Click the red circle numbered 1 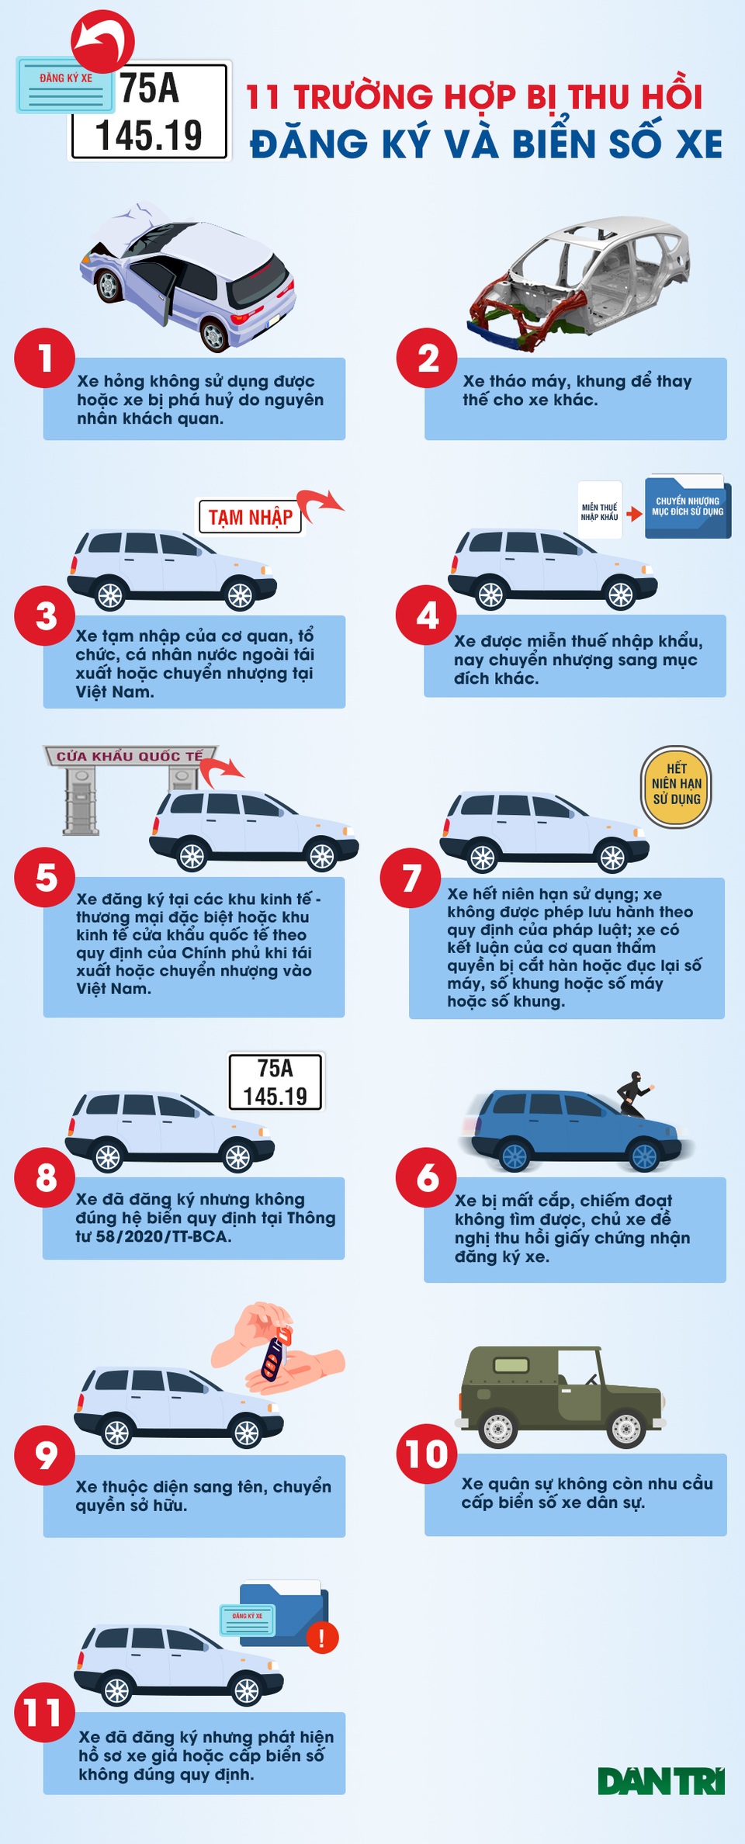pos(45,358)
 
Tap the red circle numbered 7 pos(411,877)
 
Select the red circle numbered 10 pos(426,1453)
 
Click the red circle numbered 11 pos(45,1712)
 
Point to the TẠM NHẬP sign pos(250,517)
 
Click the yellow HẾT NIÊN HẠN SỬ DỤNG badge pos(676,786)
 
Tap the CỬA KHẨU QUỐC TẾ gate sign pos(130,756)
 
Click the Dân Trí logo pos(661,1781)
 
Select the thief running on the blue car pos(636,1094)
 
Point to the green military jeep pos(560,1398)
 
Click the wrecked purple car pos(187,275)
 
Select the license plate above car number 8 pos(275,1082)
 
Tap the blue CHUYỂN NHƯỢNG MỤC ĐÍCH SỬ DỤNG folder pos(688,507)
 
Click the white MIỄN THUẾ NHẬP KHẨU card pos(600,511)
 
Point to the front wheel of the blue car pos(644,1156)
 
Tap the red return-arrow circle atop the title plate pos(102,41)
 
